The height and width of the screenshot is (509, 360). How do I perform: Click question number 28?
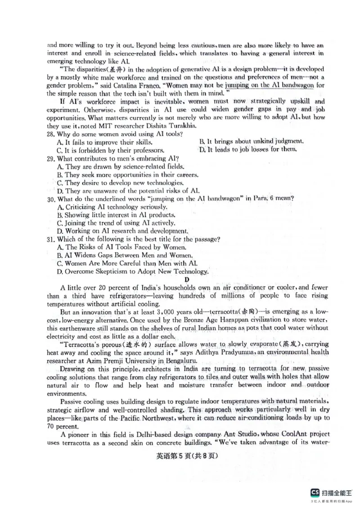pos(51,134)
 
